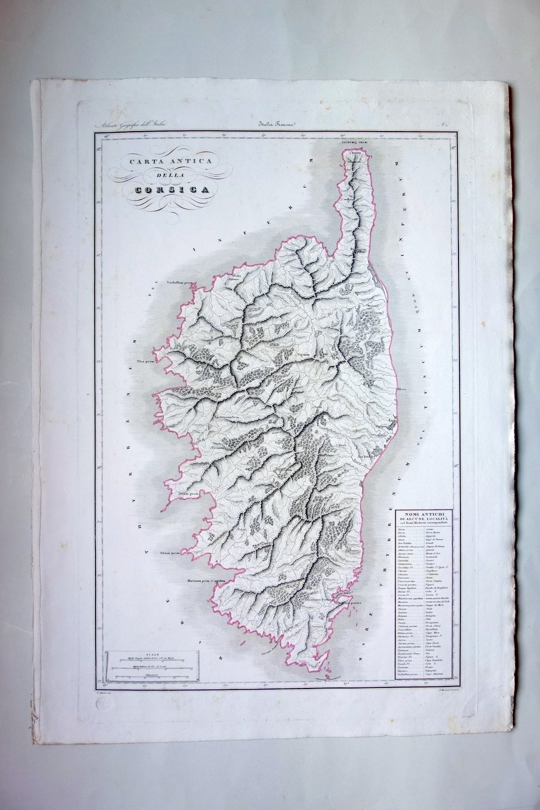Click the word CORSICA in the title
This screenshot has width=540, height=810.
(166, 189)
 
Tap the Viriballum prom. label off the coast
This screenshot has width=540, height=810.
(179, 283)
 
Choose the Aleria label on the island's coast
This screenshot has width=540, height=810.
(401, 389)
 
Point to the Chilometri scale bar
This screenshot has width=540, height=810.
(152, 676)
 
